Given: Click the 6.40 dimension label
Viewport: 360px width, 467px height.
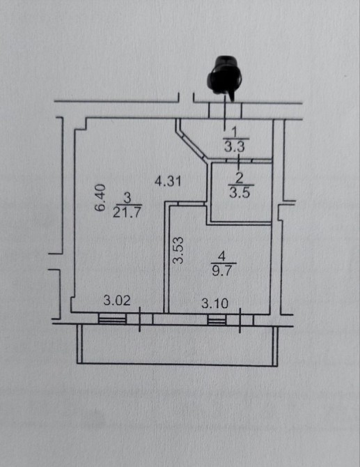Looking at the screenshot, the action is [x=100, y=197].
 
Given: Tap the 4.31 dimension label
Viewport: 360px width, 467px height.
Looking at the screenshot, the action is [x=168, y=181].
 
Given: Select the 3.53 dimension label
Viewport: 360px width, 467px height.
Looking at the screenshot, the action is [x=178, y=250].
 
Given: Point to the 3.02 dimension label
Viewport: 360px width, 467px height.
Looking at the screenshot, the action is [x=117, y=300].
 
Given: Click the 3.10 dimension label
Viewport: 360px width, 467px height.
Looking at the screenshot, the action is [x=214, y=303].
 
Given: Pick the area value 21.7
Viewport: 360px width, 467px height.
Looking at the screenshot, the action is [x=127, y=213].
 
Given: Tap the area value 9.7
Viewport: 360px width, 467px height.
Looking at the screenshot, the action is [x=224, y=271].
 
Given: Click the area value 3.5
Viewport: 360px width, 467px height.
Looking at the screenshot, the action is [x=240, y=193].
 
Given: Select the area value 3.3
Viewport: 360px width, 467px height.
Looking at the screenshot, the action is [x=235, y=147].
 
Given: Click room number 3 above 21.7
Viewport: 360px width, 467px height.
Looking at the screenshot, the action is [x=127, y=198].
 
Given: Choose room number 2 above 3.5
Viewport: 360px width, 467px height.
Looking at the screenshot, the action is [x=240, y=178].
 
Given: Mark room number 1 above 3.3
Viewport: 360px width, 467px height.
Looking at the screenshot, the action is [x=235, y=132].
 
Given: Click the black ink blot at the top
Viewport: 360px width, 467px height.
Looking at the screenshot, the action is [x=224, y=76].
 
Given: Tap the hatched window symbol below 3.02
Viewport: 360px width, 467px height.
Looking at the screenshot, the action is [x=112, y=319].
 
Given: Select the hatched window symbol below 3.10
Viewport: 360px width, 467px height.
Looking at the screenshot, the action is [x=217, y=320].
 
